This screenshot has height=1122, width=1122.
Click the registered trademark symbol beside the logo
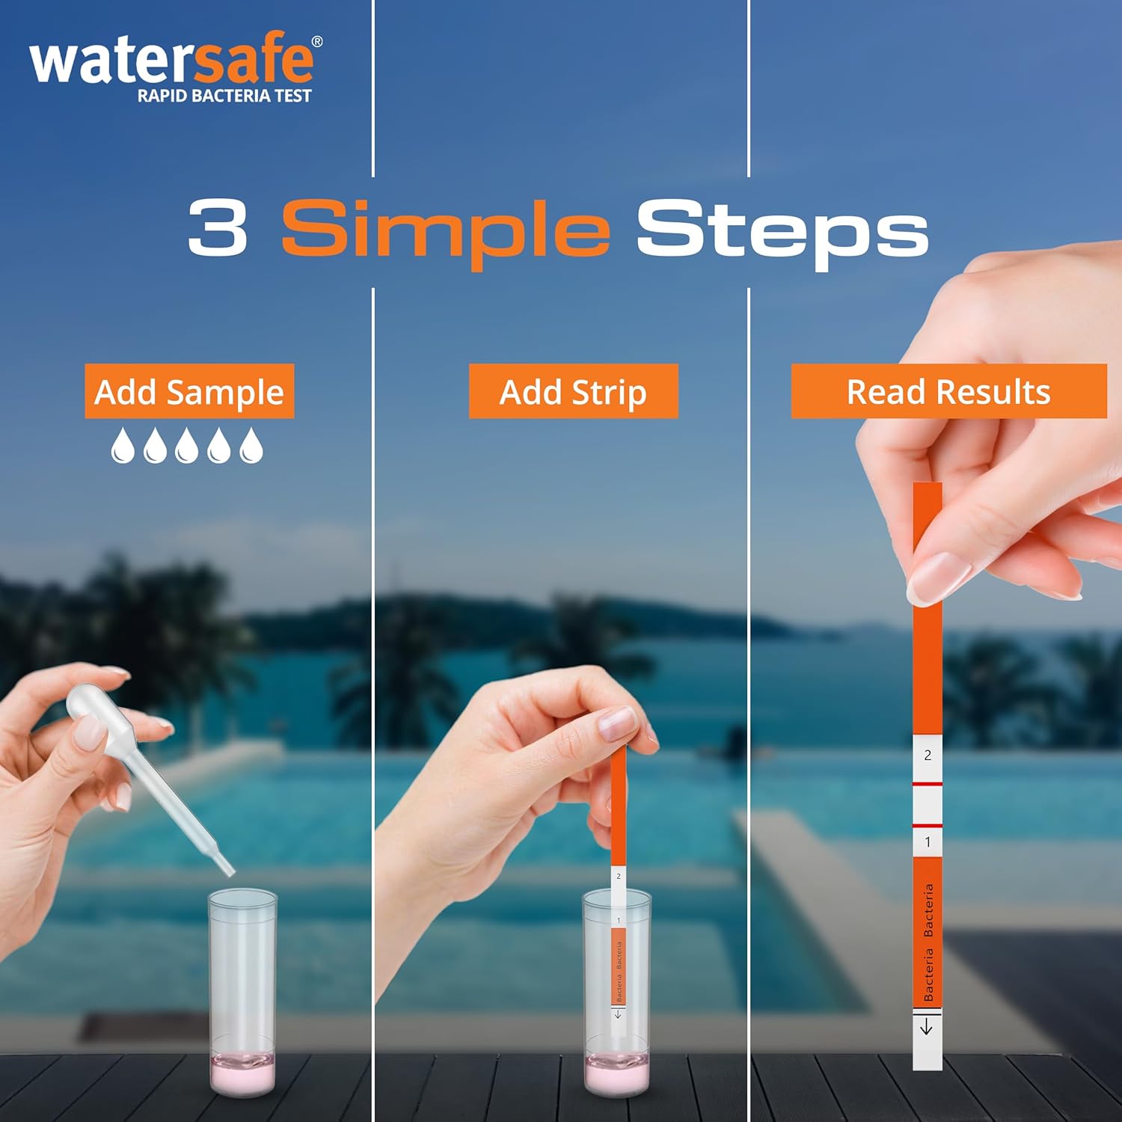(317, 42)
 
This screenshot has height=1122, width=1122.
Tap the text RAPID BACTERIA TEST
(224, 96)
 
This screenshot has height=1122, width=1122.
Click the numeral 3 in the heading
(217, 228)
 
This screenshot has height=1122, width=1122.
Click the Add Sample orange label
(189, 391)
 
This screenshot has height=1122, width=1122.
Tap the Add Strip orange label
(573, 391)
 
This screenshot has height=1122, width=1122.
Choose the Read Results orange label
(948, 391)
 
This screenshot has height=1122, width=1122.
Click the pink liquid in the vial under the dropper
(242, 1074)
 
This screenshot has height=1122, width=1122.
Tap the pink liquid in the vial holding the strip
(616, 1074)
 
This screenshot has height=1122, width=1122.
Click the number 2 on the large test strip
(928, 755)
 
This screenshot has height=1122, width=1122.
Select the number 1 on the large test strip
(928, 842)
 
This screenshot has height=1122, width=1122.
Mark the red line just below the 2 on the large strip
(928, 784)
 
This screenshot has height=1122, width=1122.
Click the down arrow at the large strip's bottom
(927, 1027)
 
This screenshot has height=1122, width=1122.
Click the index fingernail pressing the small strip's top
(619, 723)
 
